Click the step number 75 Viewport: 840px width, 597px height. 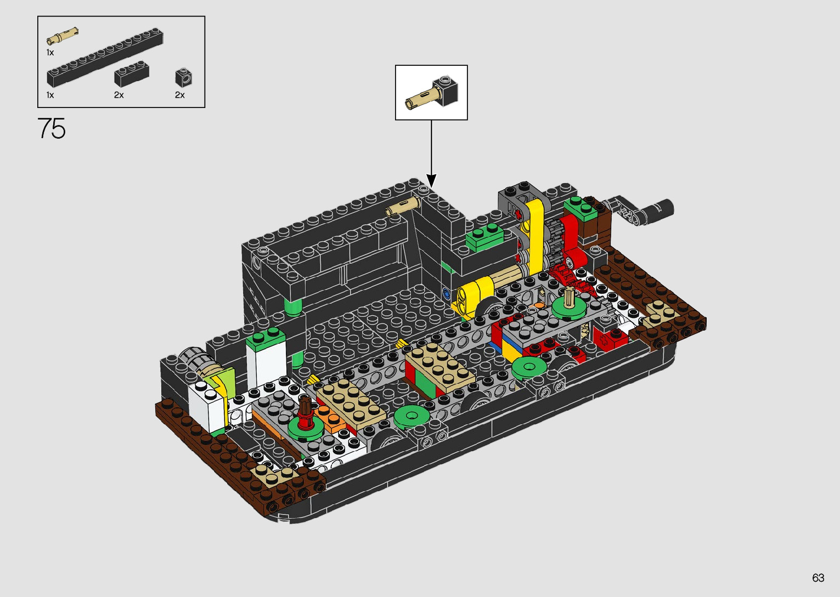point(52,128)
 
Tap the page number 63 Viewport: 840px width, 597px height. point(818,577)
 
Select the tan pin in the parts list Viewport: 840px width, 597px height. point(62,36)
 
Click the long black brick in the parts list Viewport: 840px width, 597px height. point(105,58)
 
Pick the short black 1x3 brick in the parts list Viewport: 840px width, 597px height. point(132,73)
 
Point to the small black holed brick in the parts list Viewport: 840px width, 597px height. point(184,77)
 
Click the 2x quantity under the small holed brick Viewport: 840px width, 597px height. point(179,95)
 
